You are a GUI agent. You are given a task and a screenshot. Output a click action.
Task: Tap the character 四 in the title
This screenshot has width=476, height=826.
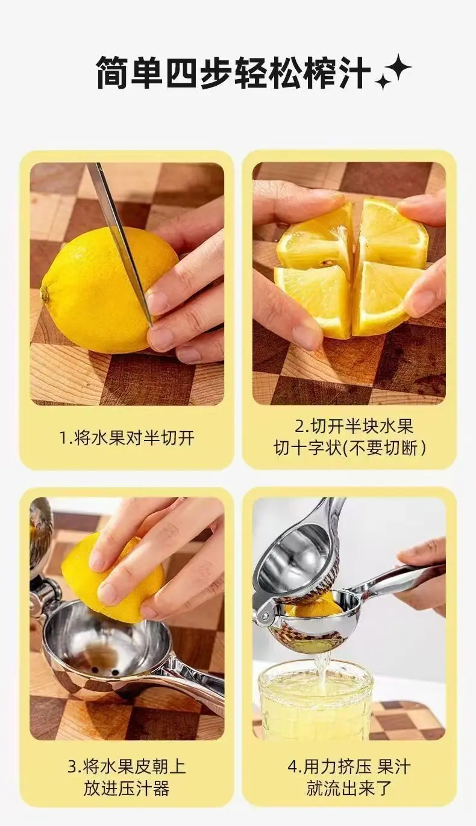click(x=182, y=72)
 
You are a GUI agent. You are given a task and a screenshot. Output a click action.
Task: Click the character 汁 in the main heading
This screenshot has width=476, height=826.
click(x=354, y=72)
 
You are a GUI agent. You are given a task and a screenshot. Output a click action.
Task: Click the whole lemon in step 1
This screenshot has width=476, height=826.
click(x=107, y=290)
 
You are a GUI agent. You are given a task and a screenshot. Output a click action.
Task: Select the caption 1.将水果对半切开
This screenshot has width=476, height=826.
click(x=127, y=437)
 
